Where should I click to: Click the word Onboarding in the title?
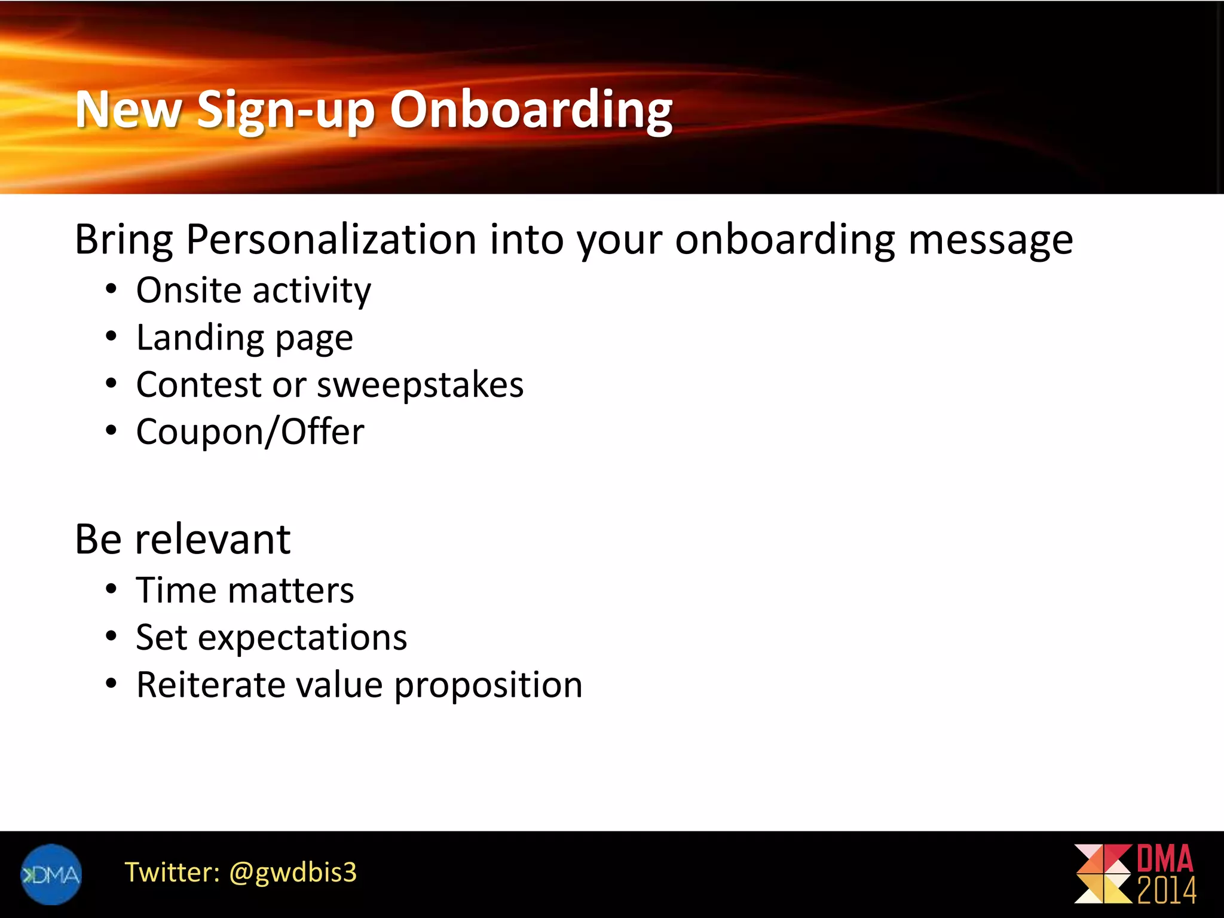(531, 110)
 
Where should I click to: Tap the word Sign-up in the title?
(285, 110)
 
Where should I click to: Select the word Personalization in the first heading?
(331, 240)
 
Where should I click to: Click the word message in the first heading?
(990, 240)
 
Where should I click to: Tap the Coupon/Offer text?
(250, 432)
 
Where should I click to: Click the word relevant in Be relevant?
(213, 539)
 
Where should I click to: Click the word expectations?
(302, 638)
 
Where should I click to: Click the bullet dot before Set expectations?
(111, 637)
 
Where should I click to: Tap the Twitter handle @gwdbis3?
(293, 873)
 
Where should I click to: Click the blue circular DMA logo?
(51, 874)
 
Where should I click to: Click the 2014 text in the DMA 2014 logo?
(1166, 891)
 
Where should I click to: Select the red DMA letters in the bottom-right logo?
(1164, 859)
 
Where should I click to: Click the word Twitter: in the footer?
(172, 873)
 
